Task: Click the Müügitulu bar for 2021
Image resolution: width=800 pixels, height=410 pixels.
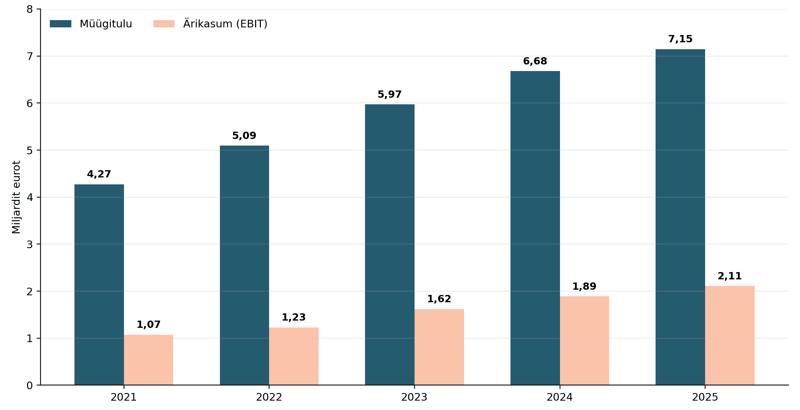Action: coord(99,285)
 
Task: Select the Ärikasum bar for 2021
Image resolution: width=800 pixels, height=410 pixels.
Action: coord(149,360)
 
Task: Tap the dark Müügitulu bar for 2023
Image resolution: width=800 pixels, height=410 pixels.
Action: coord(390,245)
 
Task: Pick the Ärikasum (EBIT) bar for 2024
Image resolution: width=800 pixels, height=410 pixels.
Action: coord(585,341)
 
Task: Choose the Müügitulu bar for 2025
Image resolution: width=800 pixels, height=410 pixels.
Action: coord(680,217)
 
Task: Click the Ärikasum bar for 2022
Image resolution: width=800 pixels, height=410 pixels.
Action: coord(294,356)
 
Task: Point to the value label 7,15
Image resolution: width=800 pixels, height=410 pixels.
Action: coord(680,39)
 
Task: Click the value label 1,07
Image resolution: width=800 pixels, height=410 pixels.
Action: coord(149,325)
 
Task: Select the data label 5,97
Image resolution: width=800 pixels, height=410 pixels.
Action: coord(390,95)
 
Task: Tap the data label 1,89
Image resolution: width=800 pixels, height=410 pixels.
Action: coord(584,287)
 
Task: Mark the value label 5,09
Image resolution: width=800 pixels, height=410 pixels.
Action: coord(244,136)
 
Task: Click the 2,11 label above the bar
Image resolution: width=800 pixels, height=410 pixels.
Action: coord(730,276)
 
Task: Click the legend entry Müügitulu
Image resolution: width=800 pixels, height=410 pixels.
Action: coord(106,24)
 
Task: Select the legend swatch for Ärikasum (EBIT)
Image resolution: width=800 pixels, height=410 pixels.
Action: coord(164,24)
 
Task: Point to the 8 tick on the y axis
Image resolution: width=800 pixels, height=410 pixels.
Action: coord(30,9)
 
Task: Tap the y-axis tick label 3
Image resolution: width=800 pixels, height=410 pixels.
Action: coord(30,244)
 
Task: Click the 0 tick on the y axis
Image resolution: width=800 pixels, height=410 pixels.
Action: coord(30,385)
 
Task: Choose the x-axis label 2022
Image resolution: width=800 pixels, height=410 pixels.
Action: coord(269,397)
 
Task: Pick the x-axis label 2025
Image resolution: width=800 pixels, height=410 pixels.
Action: coord(705,397)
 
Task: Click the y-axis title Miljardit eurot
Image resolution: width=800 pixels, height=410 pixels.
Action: coord(16,197)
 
